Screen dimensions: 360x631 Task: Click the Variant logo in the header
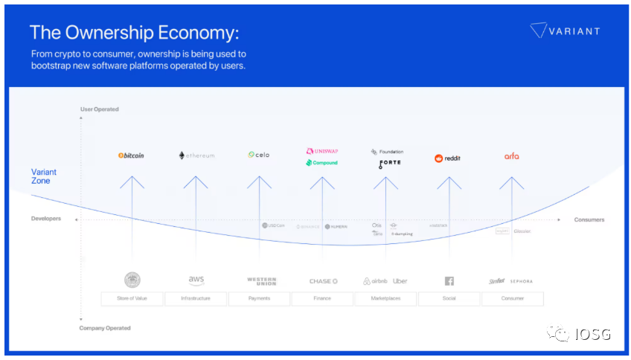tap(564, 30)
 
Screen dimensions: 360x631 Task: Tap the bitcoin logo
tap(131, 155)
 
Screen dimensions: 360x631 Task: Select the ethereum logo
tap(196, 155)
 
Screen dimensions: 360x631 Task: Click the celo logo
tap(259, 155)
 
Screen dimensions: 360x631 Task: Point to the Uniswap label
tap(321, 151)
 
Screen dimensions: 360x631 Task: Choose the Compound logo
tap(321, 163)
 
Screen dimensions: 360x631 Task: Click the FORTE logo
tap(389, 163)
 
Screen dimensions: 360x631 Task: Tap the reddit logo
tap(448, 158)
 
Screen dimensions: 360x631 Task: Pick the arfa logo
tap(511, 156)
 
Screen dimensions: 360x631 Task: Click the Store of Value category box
tap(132, 298)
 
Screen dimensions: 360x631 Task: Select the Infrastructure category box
tap(196, 298)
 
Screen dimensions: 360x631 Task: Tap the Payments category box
tap(260, 298)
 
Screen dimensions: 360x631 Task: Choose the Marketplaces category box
tap(385, 298)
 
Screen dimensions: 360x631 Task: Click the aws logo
tap(196, 280)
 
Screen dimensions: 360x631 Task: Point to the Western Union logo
tap(261, 281)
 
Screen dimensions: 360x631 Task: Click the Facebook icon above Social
tap(449, 281)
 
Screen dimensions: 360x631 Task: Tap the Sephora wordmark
tap(521, 281)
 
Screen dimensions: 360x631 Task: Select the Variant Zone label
tap(44, 176)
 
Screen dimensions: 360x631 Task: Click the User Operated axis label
tap(100, 109)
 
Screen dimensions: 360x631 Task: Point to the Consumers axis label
tap(589, 220)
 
